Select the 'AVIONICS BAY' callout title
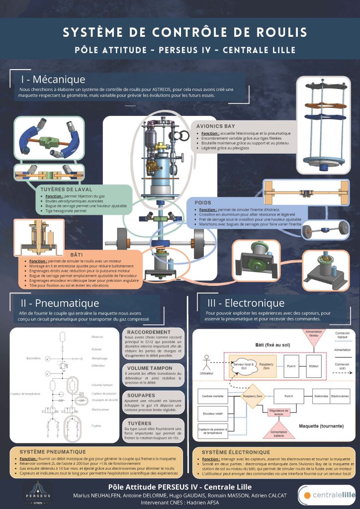[215, 126]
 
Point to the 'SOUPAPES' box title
[141, 396]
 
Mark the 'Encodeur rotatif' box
[213, 413]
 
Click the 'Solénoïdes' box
[317, 396]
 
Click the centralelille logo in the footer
[327, 494]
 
